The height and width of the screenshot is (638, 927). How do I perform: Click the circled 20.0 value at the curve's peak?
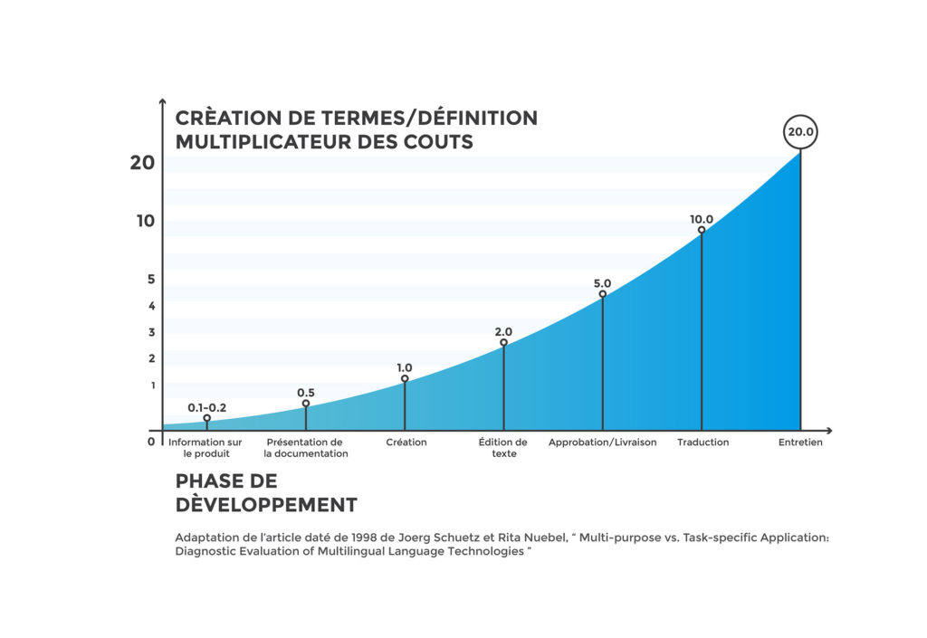801,132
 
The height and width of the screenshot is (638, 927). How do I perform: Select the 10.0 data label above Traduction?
702,219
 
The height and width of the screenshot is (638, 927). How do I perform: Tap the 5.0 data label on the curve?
602,283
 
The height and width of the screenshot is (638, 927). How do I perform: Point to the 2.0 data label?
503,332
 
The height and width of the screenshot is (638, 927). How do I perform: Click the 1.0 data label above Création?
404,367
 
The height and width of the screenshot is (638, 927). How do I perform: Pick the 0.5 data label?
306,393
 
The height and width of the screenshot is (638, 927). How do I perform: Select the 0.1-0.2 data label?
206,408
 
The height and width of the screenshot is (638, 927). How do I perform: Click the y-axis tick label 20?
143,163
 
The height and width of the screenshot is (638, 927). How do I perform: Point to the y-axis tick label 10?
146,221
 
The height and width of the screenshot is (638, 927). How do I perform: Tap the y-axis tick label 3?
152,332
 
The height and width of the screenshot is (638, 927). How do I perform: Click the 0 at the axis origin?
151,442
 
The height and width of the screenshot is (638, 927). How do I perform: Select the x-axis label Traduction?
702,443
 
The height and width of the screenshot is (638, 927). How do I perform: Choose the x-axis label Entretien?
801,443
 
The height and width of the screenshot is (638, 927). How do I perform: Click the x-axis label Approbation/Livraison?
602,443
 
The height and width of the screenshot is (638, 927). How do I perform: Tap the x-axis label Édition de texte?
503,448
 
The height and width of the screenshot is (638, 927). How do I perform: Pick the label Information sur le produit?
205,448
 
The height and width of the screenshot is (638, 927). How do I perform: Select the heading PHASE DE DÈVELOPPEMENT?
265,492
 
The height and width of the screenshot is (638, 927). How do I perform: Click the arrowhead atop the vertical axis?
162,101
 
